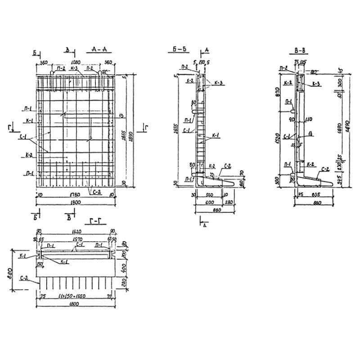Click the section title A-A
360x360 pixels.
pyautogui.click(x=98, y=51)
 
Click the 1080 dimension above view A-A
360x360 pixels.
pyautogui.click(x=76, y=62)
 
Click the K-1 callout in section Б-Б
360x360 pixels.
pyautogui.click(x=216, y=135)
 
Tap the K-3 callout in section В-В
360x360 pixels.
pyautogui.click(x=315, y=84)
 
